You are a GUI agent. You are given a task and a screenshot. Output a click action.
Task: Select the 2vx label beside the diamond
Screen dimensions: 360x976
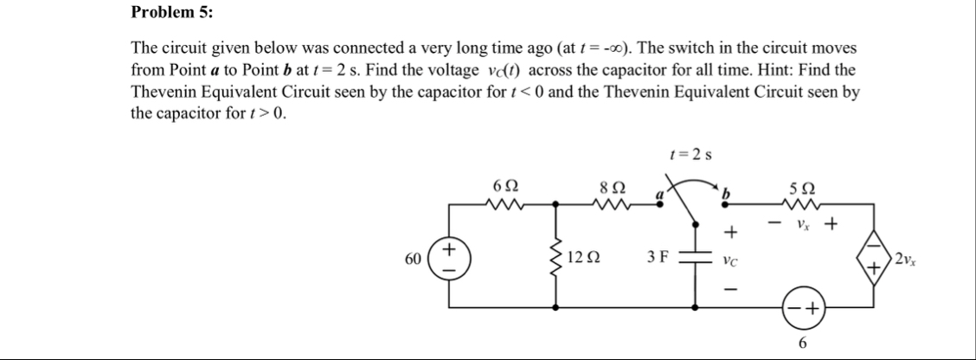coord(911,257)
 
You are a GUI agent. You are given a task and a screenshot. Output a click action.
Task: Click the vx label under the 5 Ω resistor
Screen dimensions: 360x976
coord(801,223)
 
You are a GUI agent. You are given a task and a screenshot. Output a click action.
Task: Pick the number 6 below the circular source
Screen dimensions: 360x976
coord(802,344)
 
